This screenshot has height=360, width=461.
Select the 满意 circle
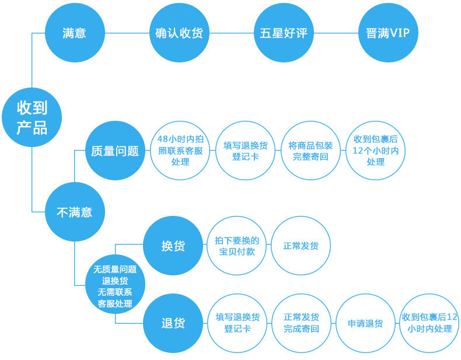(x=74, y=33)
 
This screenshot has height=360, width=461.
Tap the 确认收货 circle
(x=179, y=33)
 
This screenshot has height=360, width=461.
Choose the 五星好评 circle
(x=283, y=33)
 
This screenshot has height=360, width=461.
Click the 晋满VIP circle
(x=387, y=33)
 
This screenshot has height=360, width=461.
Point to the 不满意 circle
(x=74, y=212)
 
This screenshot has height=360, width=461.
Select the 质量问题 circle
(x=115, y=151)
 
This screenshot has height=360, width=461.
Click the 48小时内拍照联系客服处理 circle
(x=180, y=151)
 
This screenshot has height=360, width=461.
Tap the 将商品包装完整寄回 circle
(x=310, y=151)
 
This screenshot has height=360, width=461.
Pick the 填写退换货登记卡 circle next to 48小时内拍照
(x=245, y=151)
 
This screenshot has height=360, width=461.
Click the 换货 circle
(x=173, y=246)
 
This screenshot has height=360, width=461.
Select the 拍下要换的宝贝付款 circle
(x=237, y=246)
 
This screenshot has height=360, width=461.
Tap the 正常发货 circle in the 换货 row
(x=301, y=246)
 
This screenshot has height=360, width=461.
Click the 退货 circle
(x=173, y=323)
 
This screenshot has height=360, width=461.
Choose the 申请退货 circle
(x=365, y=323)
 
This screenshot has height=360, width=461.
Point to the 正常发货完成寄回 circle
(x=301, y=323)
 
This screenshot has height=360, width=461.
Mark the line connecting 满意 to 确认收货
(x=126, y=33)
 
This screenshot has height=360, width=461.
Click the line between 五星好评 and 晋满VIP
(x=335, y=33)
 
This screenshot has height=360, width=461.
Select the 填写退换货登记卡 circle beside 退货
(x=237, y=323)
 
